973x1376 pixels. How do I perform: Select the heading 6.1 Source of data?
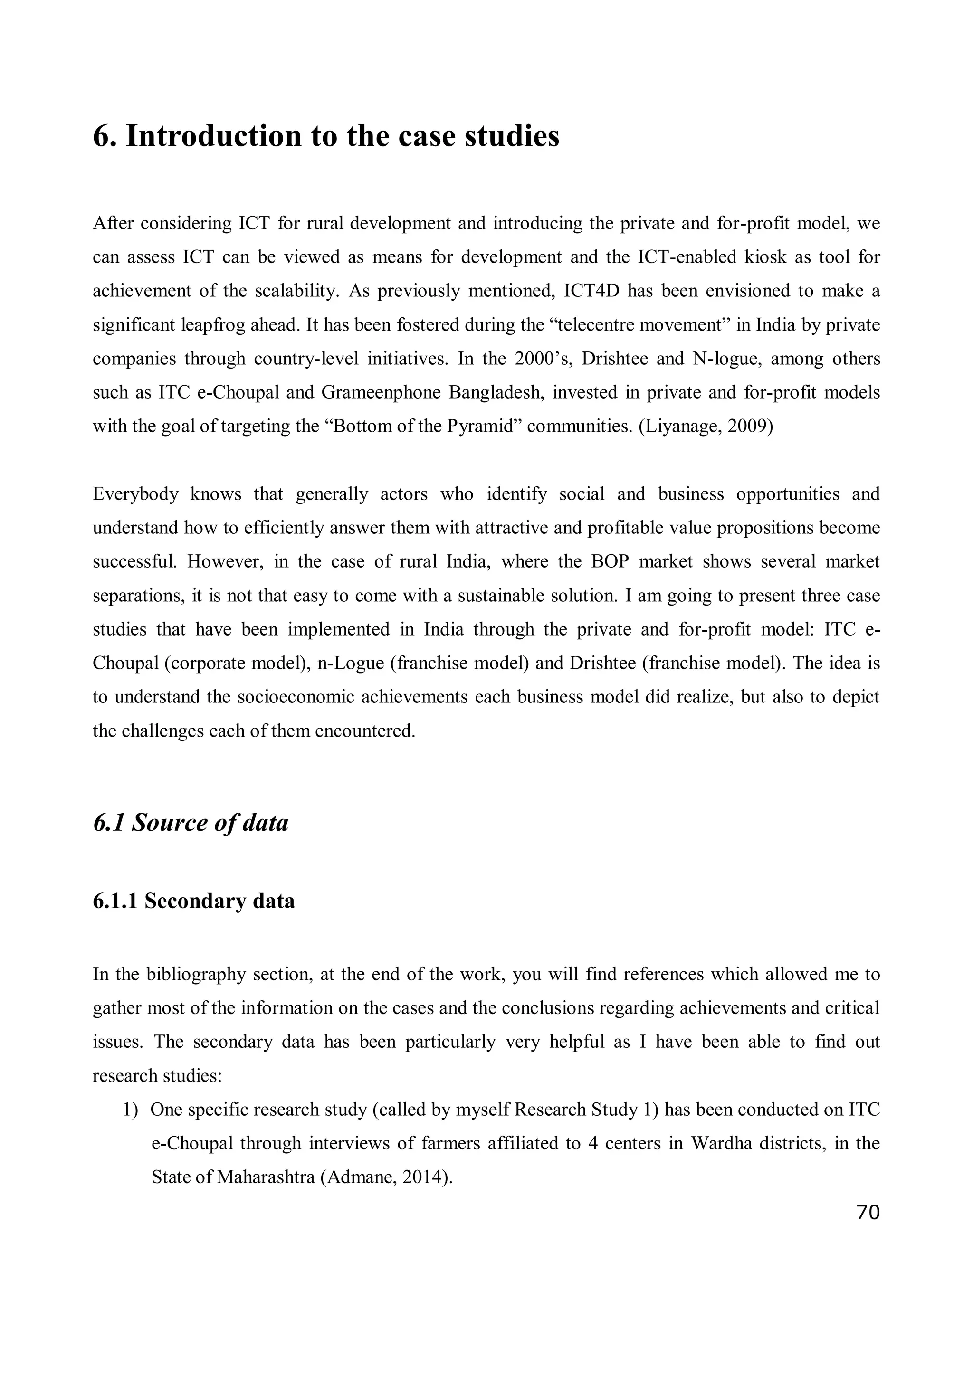click(x=191, y=822)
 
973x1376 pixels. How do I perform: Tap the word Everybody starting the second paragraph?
click(x=135, y=494)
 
